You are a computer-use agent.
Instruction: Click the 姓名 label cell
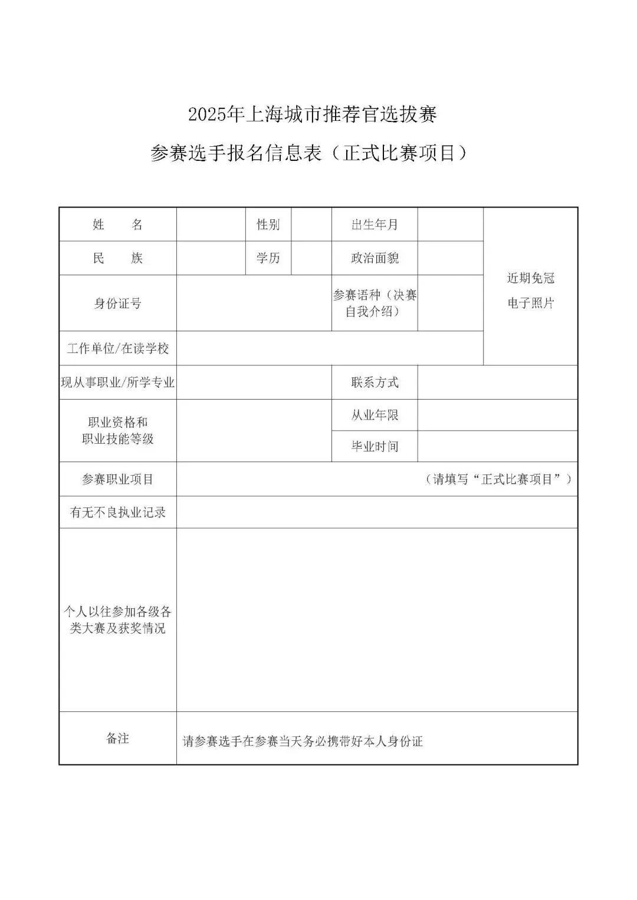117,225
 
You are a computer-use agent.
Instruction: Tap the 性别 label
268,225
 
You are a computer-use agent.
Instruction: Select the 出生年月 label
375,225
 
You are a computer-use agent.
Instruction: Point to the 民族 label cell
117,258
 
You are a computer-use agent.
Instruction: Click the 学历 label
268,258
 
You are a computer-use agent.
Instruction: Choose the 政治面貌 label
375,258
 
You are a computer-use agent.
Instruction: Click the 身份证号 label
117,304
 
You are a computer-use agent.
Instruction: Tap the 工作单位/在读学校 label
117,348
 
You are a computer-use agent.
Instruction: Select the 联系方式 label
375,383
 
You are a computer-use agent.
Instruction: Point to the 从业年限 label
375,415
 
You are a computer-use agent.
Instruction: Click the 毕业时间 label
375,446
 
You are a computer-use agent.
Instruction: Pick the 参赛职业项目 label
117,479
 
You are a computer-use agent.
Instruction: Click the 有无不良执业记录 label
117,512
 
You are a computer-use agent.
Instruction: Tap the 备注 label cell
117,739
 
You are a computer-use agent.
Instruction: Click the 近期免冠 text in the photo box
531,278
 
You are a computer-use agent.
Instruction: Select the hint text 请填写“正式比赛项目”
498,479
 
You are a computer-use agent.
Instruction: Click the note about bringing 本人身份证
303,741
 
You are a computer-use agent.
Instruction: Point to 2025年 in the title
216,114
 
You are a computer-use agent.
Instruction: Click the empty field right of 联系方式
497,383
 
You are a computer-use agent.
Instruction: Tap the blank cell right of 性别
311,225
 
